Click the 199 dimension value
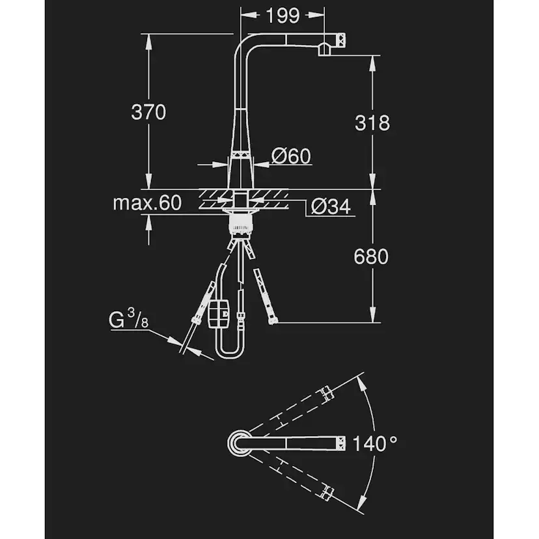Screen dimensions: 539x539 pos(283,15)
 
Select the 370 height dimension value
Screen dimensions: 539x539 pos(148,112)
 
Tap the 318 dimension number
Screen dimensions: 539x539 pos(372,122)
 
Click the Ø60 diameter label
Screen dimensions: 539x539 pos(291,156)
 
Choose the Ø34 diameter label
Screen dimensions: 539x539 pos(331,207)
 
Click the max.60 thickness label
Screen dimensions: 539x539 pos(146,203)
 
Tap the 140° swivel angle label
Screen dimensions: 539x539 pos(374,445)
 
